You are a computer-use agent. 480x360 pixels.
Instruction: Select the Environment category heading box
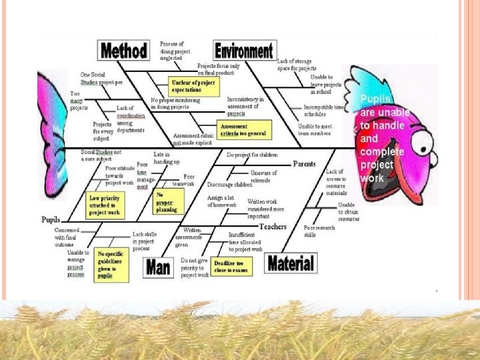[245, 50]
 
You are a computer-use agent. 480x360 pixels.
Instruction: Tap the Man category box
[158, 267]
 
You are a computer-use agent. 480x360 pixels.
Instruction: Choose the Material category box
[290, 263]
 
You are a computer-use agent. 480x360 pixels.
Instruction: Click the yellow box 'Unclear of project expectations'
[194, 85]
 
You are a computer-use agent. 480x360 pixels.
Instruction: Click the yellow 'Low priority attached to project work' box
[104, 204]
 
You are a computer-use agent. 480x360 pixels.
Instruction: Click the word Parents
[304, 164]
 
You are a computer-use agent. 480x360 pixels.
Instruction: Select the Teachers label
[273, 227]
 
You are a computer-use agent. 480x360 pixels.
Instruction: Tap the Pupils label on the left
[51, 219]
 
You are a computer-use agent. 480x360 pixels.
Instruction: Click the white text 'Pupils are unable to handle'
[385, 113]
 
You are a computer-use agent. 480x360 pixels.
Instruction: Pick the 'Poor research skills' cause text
[319, 231]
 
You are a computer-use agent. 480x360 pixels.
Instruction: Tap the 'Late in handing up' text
[166, 158]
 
